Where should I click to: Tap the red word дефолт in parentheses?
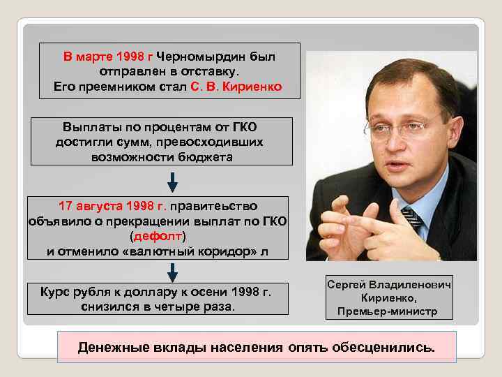(x=158, y=237)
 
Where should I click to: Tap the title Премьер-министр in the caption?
(x=387, y=311)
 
